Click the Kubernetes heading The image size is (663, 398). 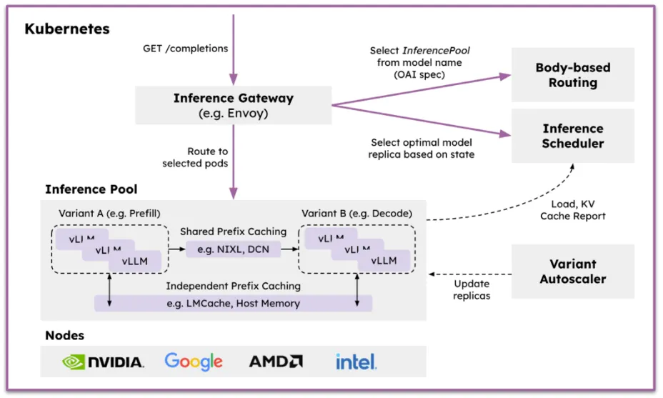point(67,29)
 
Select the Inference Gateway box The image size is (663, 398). point(234,105)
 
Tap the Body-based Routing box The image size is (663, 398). point(572,75)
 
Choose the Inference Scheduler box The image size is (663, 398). point(572,136)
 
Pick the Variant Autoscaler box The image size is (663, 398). point(572,272)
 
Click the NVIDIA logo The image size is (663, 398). point(103,362)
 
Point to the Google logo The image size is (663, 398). point(194,362)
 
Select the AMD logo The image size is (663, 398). point(276,362)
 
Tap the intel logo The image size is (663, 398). point(357,362)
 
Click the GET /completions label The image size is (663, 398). point(186,49)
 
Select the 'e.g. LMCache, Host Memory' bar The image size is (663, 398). point(233,304)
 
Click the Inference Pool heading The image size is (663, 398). point(91,189)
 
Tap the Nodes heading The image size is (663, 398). point(65,335)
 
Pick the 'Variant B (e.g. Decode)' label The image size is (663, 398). point(357,213)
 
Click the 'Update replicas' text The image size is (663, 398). point(472,289)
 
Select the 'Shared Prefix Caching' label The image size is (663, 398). point(233,232)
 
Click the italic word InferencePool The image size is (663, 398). point(437,51)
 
